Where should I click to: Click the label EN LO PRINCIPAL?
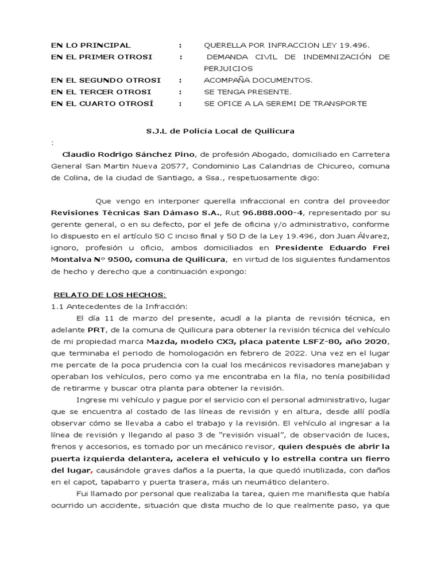click(x=91, y=45)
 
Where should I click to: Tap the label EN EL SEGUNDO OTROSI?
click(x=106, y=80)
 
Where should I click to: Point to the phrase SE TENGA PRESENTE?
click(x=248, y=92)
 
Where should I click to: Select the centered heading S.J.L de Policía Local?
click(x=220, y=131)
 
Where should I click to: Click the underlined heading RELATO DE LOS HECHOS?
click(x=109, y=294)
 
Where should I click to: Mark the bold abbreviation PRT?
click(x=95, y=331)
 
